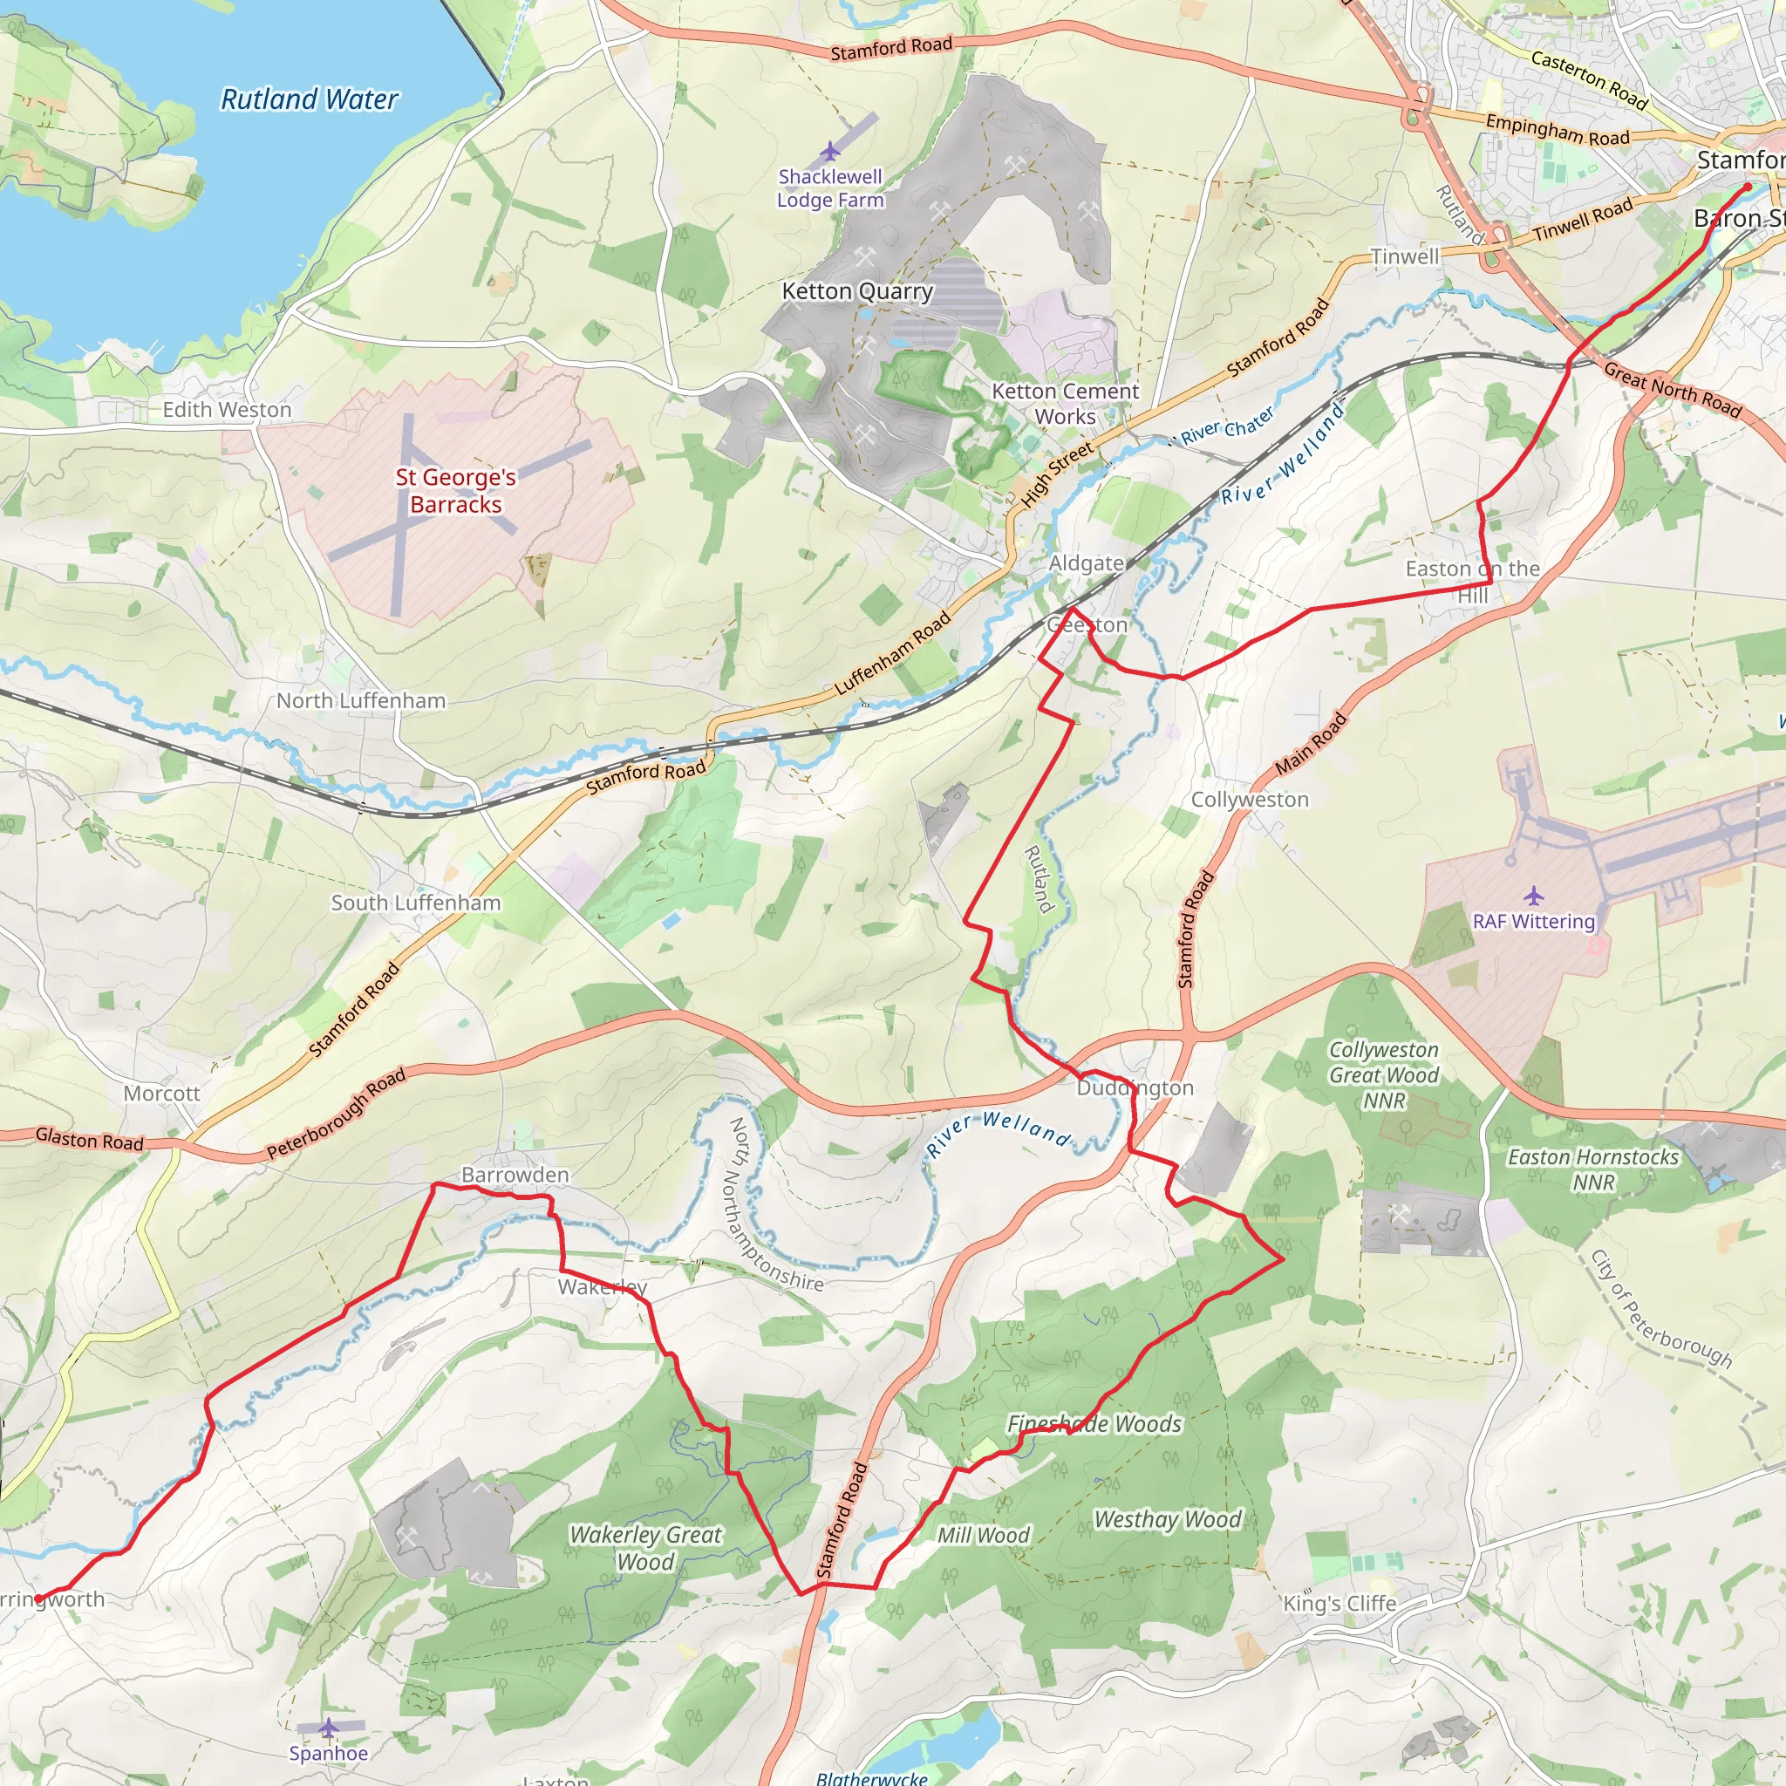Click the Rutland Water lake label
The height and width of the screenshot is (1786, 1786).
pyautogui.click(x=309, y=99)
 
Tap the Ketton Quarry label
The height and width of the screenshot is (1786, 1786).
pyautogui.click(x=857, y=291)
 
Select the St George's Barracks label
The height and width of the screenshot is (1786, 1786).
pyautogui.click(x=456, y=491)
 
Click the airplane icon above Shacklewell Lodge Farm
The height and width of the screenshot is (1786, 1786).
pyautogui.click(x=830, y=151)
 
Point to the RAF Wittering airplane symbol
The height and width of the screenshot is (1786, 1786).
pyautogui.click(x=1534, y=895)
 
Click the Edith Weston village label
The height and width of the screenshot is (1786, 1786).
pyautogui.click(x=227, y=410)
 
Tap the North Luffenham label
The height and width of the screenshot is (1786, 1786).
pyautogui.click(x=360, y=701)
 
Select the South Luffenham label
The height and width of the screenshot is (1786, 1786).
pyautogui.click(x=416, y=903)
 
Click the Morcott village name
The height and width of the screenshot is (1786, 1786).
pyautogui.click(x=162, y=1093)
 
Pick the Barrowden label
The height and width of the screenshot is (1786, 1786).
pyautogui.click(x=515, y=1174)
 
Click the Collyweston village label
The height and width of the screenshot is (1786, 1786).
pyautogui.click(x=1249, y=799)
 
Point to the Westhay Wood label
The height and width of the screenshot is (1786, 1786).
pyautogui.click(x=1168, y=1519)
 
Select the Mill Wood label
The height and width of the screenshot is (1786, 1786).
pyautogui.click(x=983, y=1535)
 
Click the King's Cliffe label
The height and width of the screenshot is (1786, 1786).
pyautogui.click(x=1339, y=1603)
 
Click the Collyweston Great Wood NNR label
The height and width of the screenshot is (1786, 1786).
pyautogui.click(x=1383, y=1075)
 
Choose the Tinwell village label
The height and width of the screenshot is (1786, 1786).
pyautogui.click(x=1404, y=256)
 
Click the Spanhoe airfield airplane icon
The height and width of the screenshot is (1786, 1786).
pyautogui.click(x=328, y=1727)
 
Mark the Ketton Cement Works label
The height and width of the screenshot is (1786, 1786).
pyautogui.click(x=1065, y=404)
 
